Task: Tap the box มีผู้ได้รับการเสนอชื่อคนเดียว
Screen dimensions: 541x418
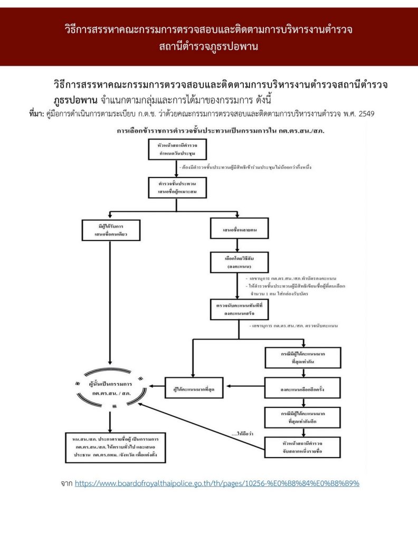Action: point(111,230)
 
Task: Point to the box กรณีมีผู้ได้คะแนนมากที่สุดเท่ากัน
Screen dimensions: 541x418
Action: point(302,358)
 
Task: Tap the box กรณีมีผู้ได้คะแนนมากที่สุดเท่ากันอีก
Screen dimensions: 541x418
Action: point(302,417)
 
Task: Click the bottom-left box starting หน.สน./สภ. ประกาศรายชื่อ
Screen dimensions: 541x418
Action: point(111,449)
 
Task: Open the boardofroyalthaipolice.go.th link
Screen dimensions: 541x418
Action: point(217,483)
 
